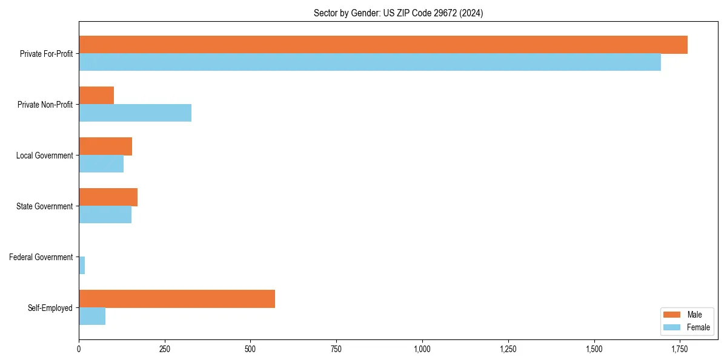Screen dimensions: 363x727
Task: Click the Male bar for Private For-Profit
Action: coord(383,45)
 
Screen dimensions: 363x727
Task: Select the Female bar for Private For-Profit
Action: coord(370,62)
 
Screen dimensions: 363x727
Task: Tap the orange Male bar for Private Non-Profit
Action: coord(96,96)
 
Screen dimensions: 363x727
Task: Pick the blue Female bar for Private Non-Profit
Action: coord(135,113)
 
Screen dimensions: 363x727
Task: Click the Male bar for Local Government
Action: coord(105,146)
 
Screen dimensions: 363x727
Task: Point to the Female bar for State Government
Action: coord(105,215)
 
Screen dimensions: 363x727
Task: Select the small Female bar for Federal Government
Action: coord(82,266)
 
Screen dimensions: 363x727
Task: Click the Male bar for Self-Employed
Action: coord(177,299)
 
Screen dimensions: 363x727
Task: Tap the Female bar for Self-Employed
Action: coord(92,316)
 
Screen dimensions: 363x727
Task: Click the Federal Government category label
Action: coord(41,257)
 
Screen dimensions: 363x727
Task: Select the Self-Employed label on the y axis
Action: coord(50,308)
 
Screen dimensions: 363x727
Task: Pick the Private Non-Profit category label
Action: coord(45,105)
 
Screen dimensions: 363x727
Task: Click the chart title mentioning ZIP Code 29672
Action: coord(398,13)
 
